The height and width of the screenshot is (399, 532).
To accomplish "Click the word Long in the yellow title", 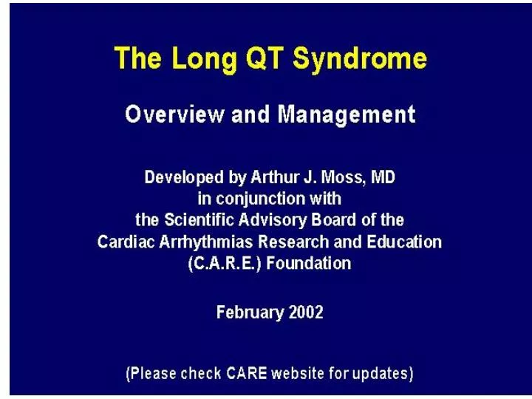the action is click(204, 59).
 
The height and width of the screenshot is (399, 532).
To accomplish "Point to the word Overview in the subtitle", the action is click(174, 114).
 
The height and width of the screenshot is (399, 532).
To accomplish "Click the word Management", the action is click(347, 115).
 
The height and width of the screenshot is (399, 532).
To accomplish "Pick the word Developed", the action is click(183, 178).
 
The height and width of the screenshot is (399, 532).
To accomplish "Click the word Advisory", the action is click(273, 220).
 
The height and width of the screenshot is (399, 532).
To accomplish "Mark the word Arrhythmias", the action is click(206, 242).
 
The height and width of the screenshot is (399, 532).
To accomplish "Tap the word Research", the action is click(293, 242).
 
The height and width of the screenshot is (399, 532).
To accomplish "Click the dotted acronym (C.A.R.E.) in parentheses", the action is click(225, 264).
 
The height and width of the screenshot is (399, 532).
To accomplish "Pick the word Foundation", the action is click(308, 263).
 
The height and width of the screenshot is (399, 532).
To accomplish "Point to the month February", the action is click(250, 313).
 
